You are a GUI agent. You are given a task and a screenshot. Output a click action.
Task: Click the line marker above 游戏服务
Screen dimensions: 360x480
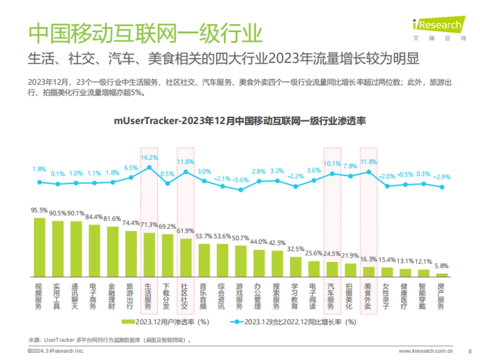(x=240, y=190)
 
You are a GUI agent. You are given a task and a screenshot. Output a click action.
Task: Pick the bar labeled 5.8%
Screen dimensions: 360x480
(x=442, y=275)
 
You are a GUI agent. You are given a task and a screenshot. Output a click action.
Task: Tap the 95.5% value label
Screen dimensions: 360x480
(x=40, y=210)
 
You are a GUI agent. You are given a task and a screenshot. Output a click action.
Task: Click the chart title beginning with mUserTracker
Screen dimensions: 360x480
(x=240, y=121)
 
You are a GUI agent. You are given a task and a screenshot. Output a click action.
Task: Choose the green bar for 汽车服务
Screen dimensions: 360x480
(x=332, y=269)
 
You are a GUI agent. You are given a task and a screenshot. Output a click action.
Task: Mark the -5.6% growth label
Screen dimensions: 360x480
(x=240, y=180)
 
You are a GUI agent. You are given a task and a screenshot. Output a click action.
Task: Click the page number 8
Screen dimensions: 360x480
(x=470, y=351)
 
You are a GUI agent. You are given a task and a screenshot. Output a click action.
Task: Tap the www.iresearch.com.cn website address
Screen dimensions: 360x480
(x=426, y=351)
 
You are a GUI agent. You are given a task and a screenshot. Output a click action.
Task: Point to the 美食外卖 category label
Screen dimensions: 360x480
(x=368, y=296)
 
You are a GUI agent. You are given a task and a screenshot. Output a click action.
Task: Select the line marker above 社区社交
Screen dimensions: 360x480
(x=186, y=172)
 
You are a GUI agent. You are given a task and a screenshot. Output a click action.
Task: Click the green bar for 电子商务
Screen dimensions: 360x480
(x=94, y=251)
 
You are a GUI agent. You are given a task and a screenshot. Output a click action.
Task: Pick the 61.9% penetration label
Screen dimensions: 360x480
(x=186, y=231)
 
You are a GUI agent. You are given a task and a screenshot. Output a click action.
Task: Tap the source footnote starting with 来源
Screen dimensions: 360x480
(x=108, y=340)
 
